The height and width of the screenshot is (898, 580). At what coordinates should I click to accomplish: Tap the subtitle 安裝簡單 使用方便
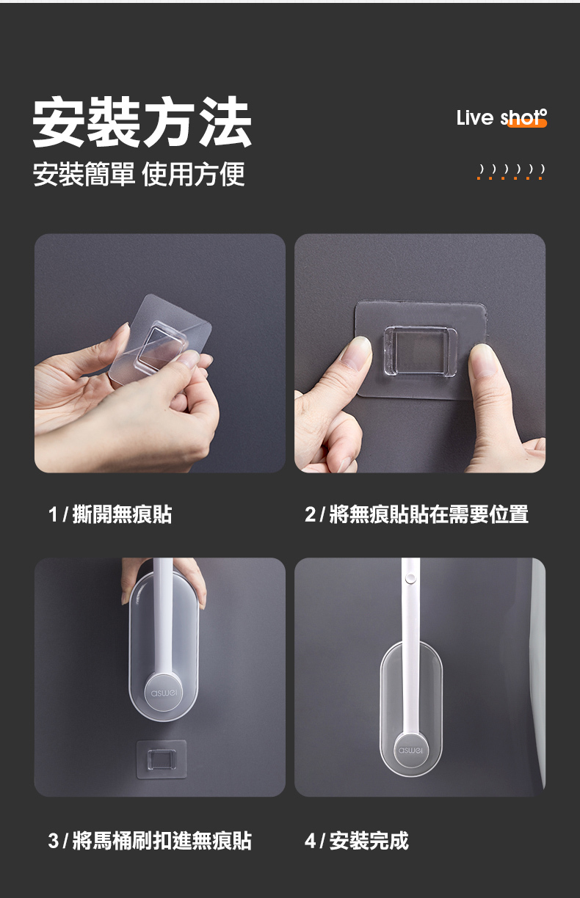(x=139, y=175)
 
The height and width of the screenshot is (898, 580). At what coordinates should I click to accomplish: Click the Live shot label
(x=501, y=117)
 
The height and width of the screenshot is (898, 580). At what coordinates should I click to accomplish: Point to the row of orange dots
(x=510, y=178)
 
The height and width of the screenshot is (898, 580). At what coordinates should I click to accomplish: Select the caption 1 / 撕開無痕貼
(x=110, y=514)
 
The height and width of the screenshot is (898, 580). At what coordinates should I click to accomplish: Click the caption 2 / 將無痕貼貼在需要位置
(x=416, y=514)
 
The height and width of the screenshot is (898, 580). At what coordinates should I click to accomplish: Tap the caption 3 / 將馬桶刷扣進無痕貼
(x=150, y=840)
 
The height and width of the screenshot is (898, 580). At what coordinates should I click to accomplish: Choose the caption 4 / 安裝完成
(x=357, y=840)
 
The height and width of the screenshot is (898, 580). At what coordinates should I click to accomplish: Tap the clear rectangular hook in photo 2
(x=417, y=351)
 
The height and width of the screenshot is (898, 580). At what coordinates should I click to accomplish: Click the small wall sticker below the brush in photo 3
(x=162, y=758)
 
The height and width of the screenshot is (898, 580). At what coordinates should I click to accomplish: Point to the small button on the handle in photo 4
(x=410, y=579)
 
